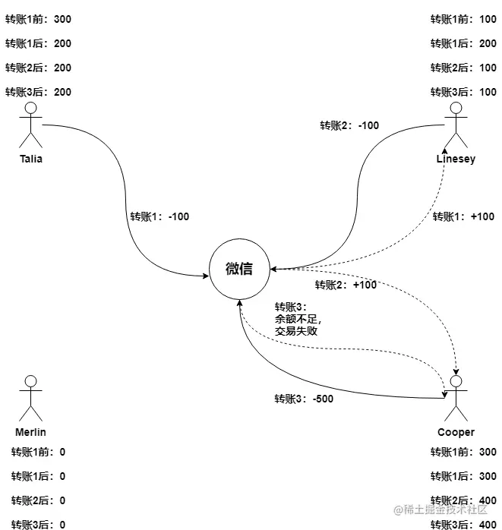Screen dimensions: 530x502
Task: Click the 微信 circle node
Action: [x=239, y=269]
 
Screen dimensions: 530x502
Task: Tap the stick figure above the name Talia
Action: [x=31, y=124]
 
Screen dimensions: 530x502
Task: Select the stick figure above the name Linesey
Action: [x=455, y=124]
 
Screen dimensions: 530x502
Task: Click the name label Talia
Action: [x=31, y=159]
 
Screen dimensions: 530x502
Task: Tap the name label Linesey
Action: [x=456, y=159]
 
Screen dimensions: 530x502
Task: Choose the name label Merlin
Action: [x=31, y=432]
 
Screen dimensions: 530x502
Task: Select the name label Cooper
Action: [x=456, y=432]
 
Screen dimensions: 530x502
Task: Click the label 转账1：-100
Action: [x=159, y=216]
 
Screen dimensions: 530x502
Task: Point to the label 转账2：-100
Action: [x=349, y=125]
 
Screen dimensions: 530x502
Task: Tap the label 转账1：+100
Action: [x=464, y=216]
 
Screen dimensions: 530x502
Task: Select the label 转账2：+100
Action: [x=346, y=285]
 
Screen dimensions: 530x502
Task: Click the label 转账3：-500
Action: [x=304, y=399]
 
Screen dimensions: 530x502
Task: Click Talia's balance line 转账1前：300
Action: [x=39, y=18]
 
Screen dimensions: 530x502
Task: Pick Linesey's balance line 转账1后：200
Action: [x=464, y=43]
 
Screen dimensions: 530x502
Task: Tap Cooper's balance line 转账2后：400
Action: [x=464, y=500]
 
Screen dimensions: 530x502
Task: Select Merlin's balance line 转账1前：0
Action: [x=38, y=452]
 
